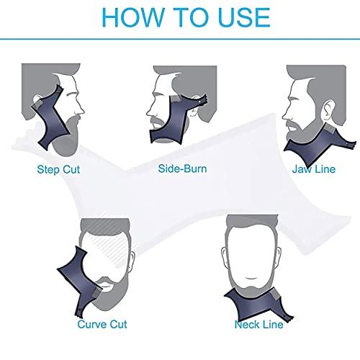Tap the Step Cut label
point(58,151)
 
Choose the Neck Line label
point(258,325)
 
